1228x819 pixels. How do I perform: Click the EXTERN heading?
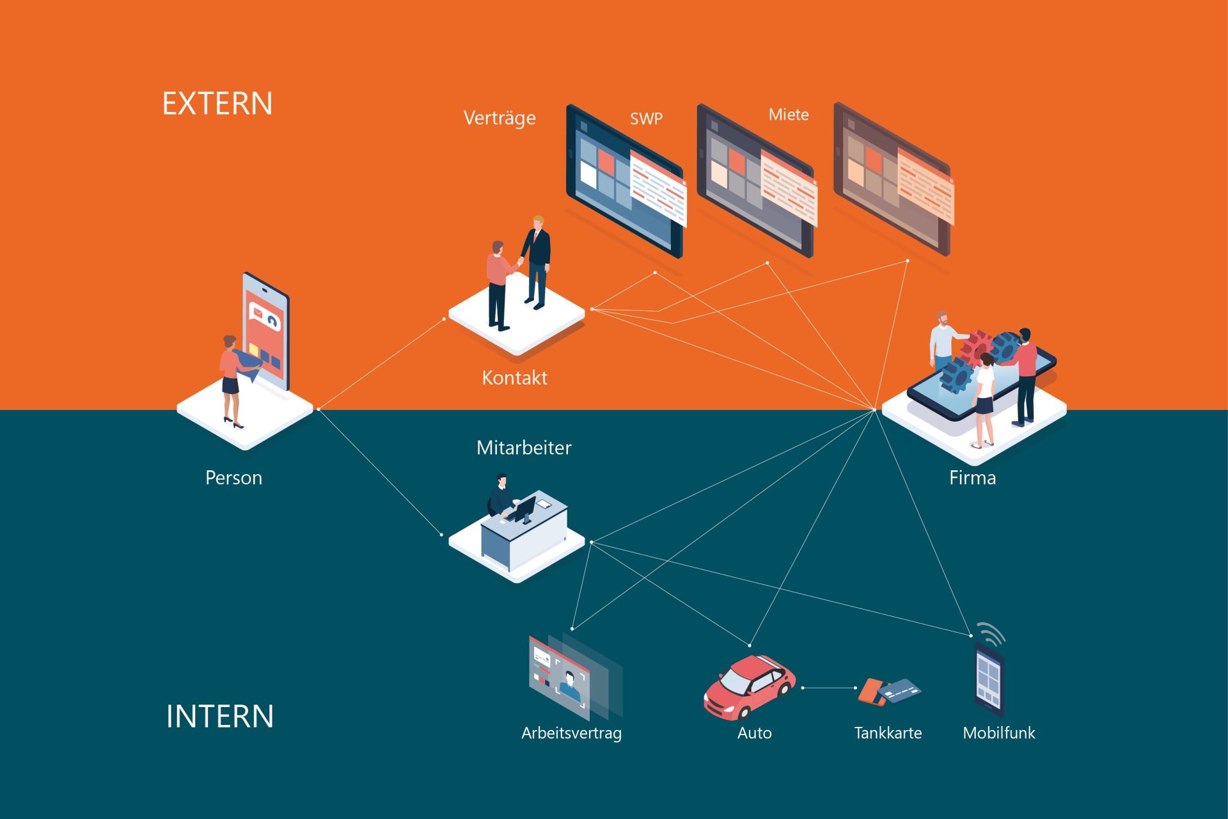click(217, 104)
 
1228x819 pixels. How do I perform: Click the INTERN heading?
click(220, 716)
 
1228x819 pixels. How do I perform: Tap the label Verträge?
click(500, 118)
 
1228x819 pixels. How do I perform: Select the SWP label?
click(646, 119)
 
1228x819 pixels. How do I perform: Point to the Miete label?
click(789, 115)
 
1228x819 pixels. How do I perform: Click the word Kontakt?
click(514, 378)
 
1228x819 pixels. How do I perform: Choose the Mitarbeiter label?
click(524, 447)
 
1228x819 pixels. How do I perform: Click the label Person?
click(233, 478)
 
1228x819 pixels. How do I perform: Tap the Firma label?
click(972, 478)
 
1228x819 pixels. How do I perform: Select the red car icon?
click(749, 687)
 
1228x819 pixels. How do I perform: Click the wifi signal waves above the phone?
click(992, 633)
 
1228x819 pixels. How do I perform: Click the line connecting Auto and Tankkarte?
click(829, 688)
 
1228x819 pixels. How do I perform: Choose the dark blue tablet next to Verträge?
click(624, 182)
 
